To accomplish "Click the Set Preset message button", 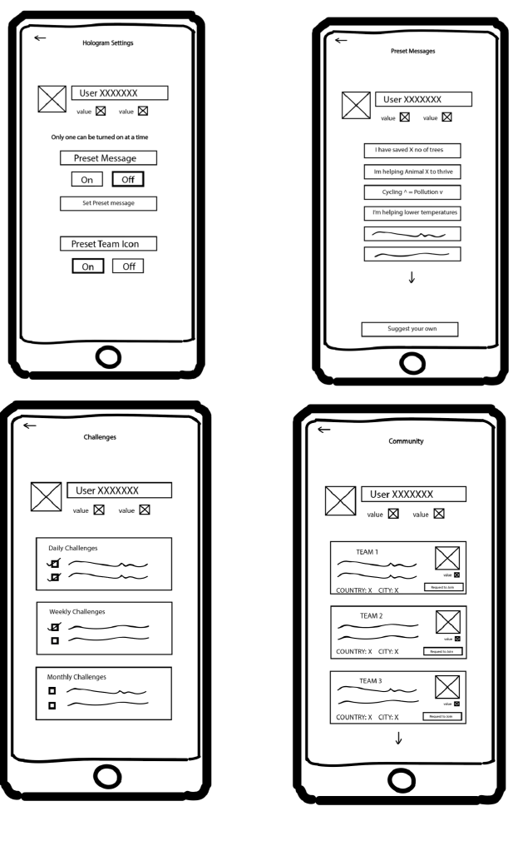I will tap(108, 203).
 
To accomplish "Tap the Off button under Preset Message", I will tap(128, 178).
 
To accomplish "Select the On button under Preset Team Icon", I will tap(86, 266).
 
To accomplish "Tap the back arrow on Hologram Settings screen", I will tap(40, 38).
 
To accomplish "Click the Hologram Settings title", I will tap(107, 43).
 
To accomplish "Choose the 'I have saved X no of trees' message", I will tap(412, 150).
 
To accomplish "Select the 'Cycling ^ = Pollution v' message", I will tap(412, 192).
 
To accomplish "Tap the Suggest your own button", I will tap(409, 329).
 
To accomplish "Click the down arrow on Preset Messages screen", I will tap(412, 277).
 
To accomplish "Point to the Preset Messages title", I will tap(412, 51).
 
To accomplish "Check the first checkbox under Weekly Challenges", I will tap(55, 626).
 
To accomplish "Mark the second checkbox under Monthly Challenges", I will tap(52, 705).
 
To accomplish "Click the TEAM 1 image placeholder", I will tap(447, 558).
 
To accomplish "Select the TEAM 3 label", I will tap(370, 680).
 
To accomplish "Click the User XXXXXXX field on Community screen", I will tap(413, 494).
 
